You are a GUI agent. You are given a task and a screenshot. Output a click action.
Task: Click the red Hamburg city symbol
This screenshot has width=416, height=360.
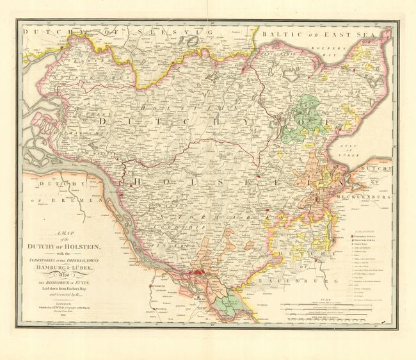click(x=202, y=274)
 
